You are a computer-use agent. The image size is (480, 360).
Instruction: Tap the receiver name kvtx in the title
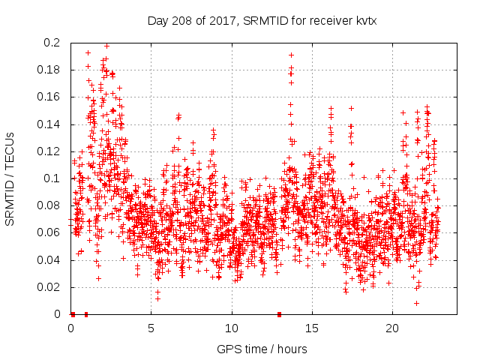[x=364, y=21]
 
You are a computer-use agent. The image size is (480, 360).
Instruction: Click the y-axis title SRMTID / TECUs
[x=10, y=178]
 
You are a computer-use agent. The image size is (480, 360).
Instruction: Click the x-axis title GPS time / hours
[x=261, y=349]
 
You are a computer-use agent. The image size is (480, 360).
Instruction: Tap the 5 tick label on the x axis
[x=151, y=328]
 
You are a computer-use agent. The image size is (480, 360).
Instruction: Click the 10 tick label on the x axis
[x=232, y=328]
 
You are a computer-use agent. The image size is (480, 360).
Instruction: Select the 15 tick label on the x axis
[x=312, y=328]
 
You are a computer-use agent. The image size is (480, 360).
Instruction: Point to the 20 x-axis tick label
[x=392, y=328]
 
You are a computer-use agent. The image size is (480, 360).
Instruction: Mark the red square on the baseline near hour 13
[x=280, y=314]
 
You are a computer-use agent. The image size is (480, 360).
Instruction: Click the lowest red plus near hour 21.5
[x=416, y=303]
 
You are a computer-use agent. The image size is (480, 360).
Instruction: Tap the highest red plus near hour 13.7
[x=291, y=55]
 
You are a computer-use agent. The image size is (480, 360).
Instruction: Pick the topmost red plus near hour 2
[x=106, y=46]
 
